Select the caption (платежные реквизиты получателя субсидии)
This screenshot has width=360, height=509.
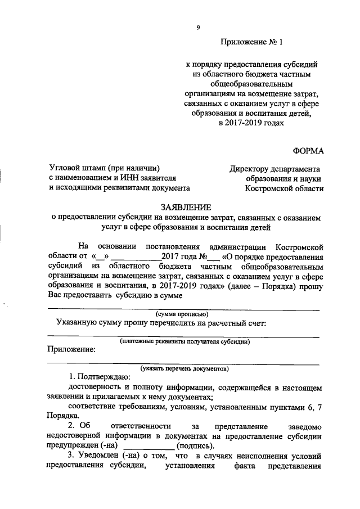coord(185,341)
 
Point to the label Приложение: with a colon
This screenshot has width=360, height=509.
coord(71,349)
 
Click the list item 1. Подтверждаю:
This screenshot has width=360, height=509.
coord(99,377)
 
